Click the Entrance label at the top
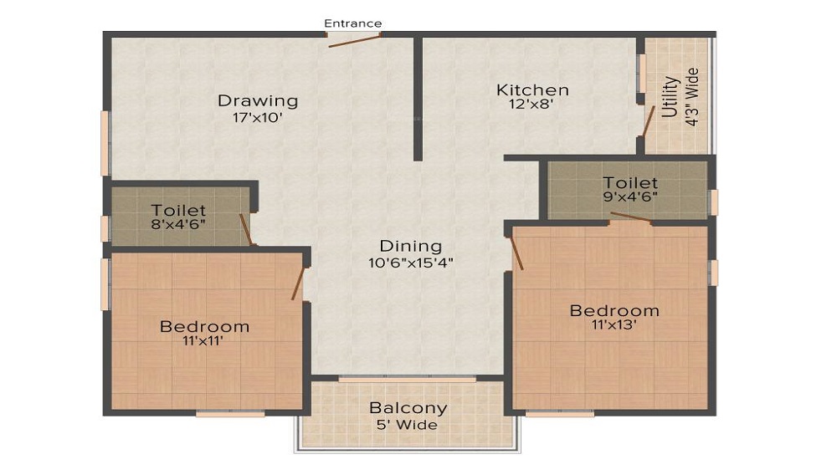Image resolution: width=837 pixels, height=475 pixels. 353,23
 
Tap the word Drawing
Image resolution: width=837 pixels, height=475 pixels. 258,101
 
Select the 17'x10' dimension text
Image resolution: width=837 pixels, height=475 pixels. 257,118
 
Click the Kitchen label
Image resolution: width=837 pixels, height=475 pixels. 532,90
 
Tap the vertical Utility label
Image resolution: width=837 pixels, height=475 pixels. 670,98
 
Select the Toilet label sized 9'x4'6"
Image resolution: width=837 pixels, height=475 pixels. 630,183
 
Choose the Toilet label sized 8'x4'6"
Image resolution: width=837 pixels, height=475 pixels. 178,211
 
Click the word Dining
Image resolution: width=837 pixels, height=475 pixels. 410,246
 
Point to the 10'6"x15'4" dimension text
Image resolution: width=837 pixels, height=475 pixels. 410,262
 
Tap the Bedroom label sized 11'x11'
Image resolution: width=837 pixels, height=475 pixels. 204,326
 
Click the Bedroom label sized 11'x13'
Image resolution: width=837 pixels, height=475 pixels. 614,311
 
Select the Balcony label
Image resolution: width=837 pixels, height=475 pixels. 408,409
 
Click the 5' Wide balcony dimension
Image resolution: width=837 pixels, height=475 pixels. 408,425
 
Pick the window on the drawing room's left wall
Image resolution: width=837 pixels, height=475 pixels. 105,143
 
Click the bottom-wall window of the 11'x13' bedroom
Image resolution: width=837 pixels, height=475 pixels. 560,413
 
